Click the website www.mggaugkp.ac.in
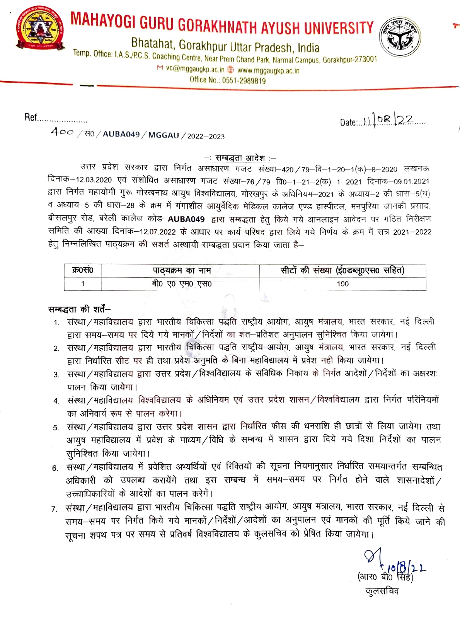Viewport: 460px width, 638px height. tap(268, 71)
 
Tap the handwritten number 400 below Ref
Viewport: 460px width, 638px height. tap(61, 132)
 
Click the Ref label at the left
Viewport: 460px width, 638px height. tap(31, 118)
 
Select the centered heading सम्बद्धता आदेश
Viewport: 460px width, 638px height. tap(240, 158)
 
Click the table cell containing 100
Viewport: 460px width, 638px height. tap(342, 284)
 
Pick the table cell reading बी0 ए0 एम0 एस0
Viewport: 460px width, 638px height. tap(181, 284)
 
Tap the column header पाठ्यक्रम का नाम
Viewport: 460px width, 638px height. tap(181, 271)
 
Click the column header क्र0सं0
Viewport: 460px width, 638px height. tap(83, 270)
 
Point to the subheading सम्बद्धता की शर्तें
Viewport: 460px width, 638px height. tap(79, 309)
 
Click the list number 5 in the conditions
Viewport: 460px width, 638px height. tap(56, 427)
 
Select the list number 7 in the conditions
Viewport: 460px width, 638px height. tap(54, 509)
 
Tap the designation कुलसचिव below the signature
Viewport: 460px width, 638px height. tap(382, 591)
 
